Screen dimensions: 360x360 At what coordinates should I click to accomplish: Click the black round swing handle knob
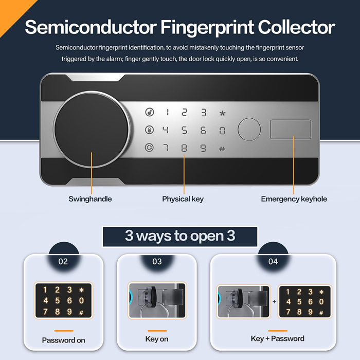92,129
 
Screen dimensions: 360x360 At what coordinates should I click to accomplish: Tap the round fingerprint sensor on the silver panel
249,130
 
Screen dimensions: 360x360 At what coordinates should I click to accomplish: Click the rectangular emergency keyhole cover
291,130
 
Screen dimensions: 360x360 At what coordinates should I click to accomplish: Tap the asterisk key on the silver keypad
222,113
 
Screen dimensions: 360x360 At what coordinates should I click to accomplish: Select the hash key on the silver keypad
222,149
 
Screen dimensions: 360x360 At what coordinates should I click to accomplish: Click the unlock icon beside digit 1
150,112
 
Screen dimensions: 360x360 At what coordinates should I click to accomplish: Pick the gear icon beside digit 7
149,147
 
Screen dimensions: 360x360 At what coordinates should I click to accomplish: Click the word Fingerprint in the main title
207,28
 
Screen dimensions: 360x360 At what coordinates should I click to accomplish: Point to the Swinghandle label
90,199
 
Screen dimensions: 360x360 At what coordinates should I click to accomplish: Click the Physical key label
183,199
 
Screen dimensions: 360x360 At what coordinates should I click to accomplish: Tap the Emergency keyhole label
294,199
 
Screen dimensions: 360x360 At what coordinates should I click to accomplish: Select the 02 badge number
63,261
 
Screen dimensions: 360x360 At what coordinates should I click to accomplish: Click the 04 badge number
273,261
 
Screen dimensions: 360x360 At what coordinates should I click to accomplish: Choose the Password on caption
64,340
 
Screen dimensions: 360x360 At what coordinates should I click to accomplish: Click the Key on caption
157,339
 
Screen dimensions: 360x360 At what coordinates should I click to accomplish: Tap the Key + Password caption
278,338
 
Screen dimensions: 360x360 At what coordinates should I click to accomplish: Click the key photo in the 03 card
157,300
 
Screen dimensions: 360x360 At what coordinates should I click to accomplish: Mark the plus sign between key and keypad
274,302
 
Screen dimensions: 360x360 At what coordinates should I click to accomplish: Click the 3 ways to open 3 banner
180,237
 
